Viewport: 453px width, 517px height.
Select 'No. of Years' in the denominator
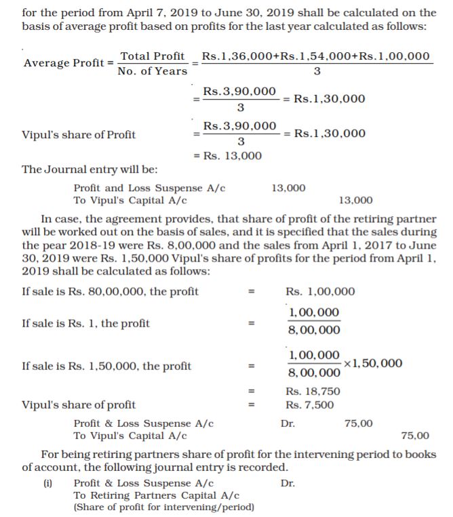coord(152,70)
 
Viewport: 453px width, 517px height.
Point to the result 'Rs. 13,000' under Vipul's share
coord(228,156)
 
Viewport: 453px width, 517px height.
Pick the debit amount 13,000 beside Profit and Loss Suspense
coord(288,188)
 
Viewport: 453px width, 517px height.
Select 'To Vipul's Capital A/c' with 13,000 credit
coord(130,200)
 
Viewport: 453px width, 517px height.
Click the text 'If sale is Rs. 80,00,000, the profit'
coord(111,291)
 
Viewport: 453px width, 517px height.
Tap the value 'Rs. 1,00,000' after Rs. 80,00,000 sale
coord(321,291)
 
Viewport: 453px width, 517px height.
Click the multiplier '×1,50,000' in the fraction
coord(373,363)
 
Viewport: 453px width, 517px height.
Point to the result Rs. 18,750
coord(313,392)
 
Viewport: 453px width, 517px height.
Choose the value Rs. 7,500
coord(310,405)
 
